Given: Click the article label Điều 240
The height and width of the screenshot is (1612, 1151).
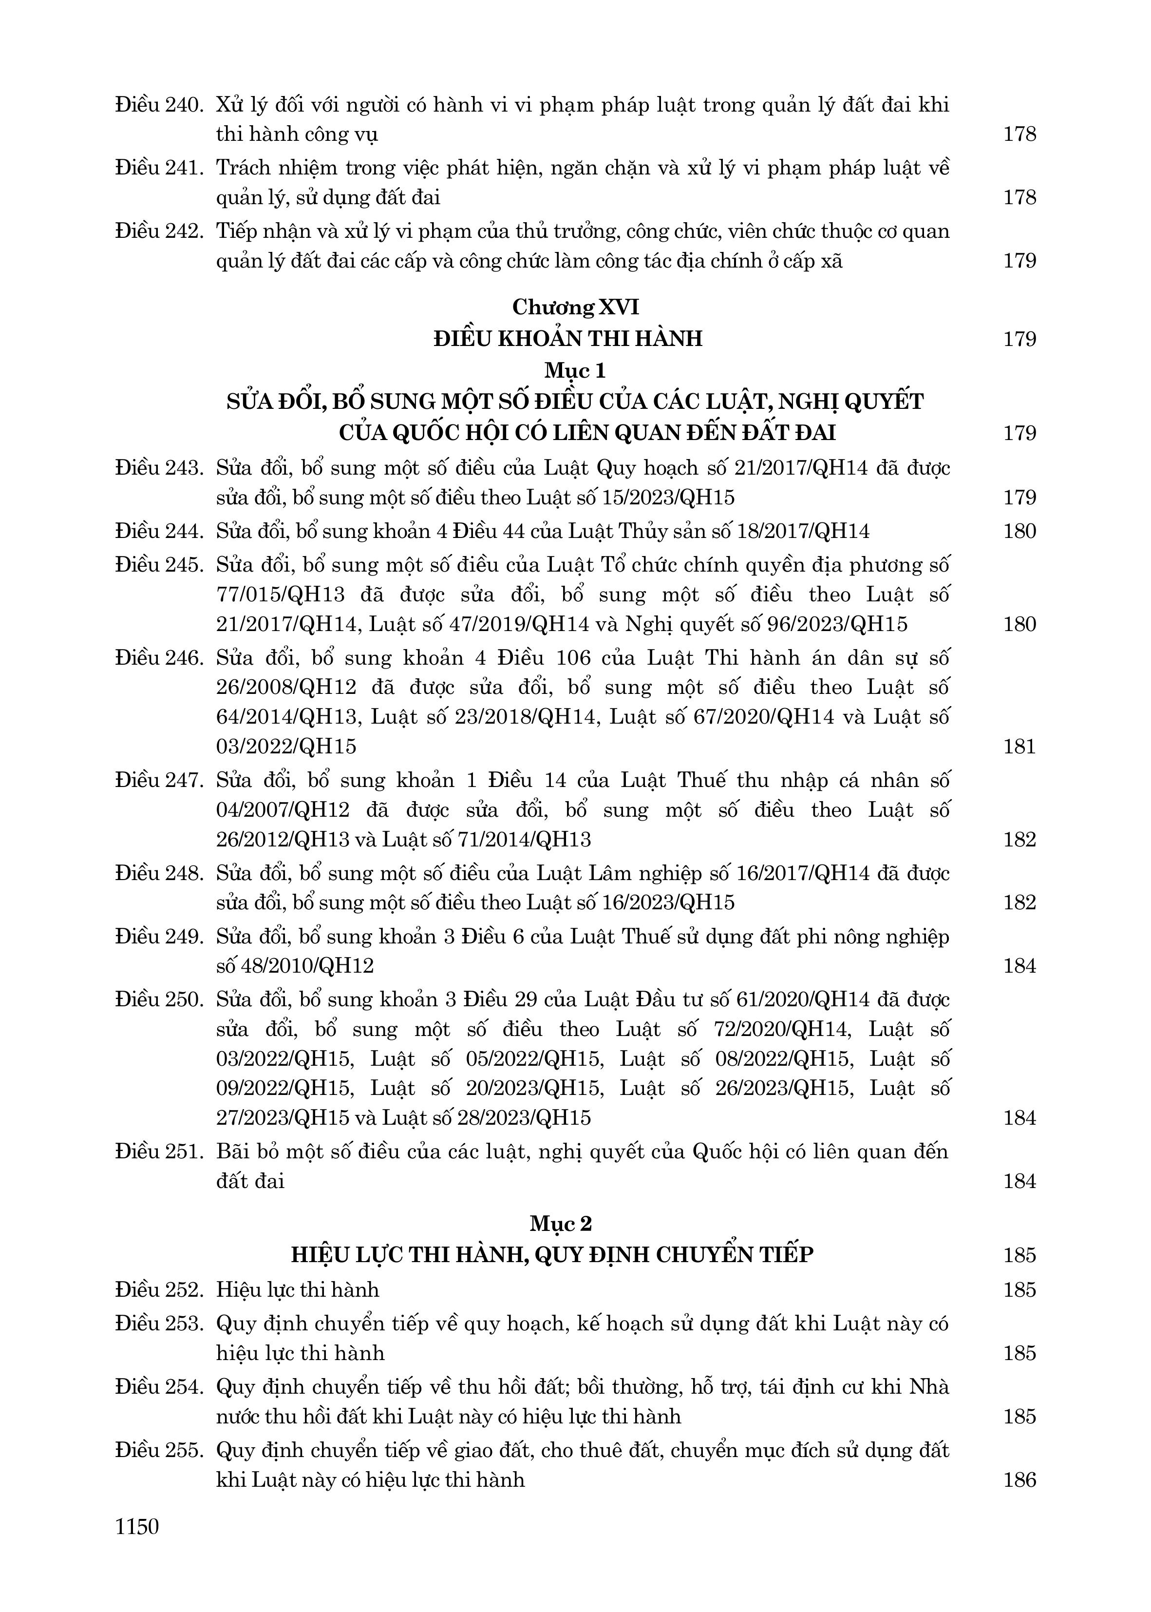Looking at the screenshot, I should [159, 105].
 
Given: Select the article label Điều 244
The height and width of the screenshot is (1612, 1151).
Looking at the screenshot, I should [159, 531].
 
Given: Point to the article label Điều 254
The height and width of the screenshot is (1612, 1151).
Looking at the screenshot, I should [159, 1386].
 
